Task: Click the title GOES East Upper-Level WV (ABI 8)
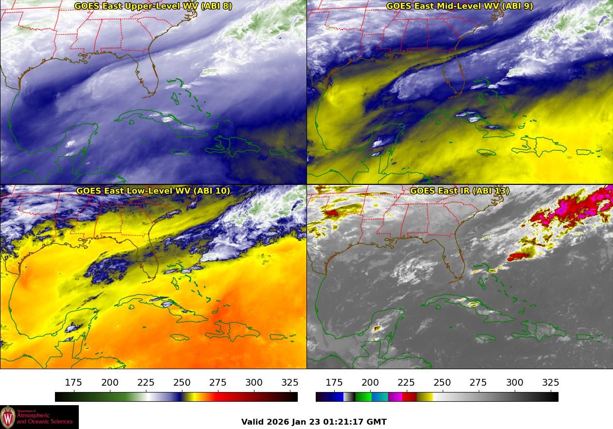(153, 6)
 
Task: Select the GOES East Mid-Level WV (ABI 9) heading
(459, 6)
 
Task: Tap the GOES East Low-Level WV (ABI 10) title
(153, 191)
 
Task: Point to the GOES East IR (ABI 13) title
(459, 191)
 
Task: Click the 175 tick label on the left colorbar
(73, 382)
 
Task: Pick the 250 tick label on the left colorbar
(182, 382)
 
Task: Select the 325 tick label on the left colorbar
(290, 382)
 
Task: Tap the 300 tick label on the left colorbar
(254, 382)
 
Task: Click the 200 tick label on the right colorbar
(370, 382)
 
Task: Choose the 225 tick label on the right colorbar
(406, 382)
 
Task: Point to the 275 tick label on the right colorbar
(479, 382)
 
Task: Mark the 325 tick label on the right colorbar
(551, 382)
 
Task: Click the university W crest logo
(8, 417)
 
